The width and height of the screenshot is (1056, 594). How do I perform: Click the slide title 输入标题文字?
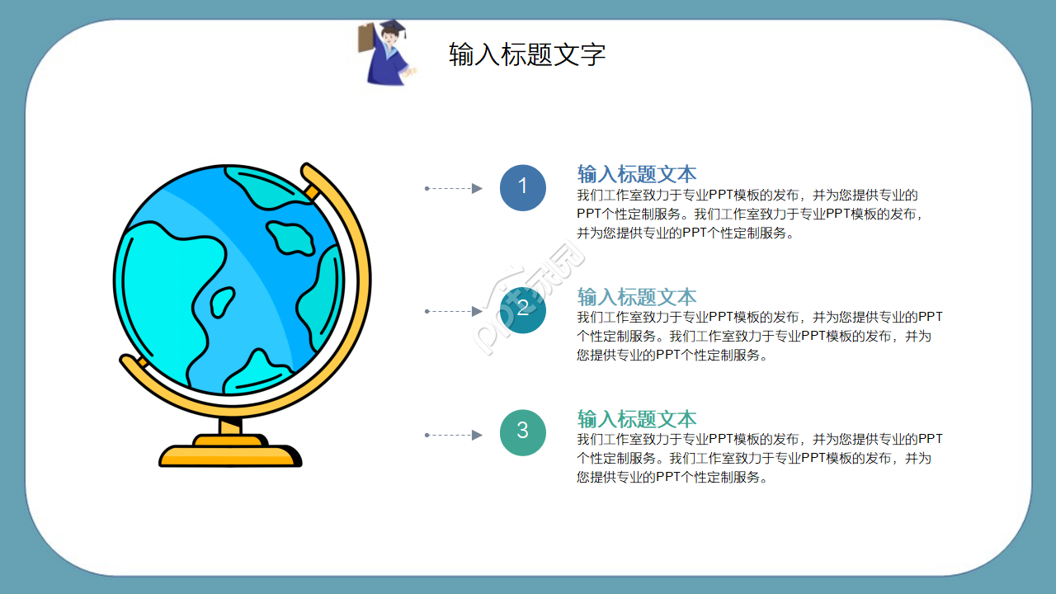point(527,54)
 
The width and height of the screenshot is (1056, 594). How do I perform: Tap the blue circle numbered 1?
point(522,187)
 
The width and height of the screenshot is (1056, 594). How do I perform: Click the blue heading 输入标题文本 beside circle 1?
point(636,174)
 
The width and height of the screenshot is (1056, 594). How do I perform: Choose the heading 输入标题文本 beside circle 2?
point(636,297)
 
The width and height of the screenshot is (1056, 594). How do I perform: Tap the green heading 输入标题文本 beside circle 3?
point(636,419)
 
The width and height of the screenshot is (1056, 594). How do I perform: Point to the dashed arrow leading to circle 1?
point(453,189)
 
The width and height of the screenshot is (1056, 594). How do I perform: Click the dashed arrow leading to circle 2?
point(453,312)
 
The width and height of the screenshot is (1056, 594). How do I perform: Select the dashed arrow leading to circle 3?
point(453,435)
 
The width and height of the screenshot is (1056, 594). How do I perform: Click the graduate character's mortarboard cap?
point(392,26)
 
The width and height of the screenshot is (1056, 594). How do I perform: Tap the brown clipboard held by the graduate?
point(365,38)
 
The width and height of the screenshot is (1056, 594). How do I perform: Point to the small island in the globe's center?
point(222,301)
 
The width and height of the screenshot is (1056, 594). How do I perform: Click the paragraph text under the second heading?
point(759,337)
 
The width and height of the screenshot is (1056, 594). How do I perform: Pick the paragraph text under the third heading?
point(759,459)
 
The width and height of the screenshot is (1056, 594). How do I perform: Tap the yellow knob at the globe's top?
point(312,193)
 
